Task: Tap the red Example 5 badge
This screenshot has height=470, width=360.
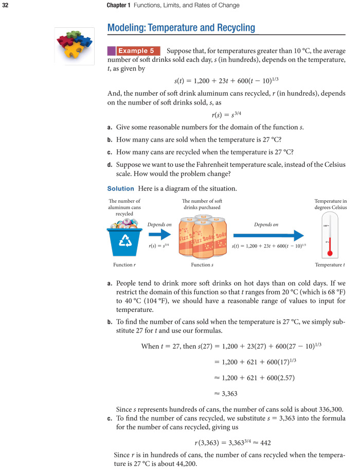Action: click(136, 51)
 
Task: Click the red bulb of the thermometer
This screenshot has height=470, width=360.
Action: click(330, 253)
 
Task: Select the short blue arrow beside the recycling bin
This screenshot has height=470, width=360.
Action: click(159, 235)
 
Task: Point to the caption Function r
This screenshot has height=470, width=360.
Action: click(124, 265)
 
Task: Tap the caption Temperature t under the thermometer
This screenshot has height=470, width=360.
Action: click(330, 265)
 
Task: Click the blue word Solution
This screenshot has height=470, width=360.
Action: click(120, 189)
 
